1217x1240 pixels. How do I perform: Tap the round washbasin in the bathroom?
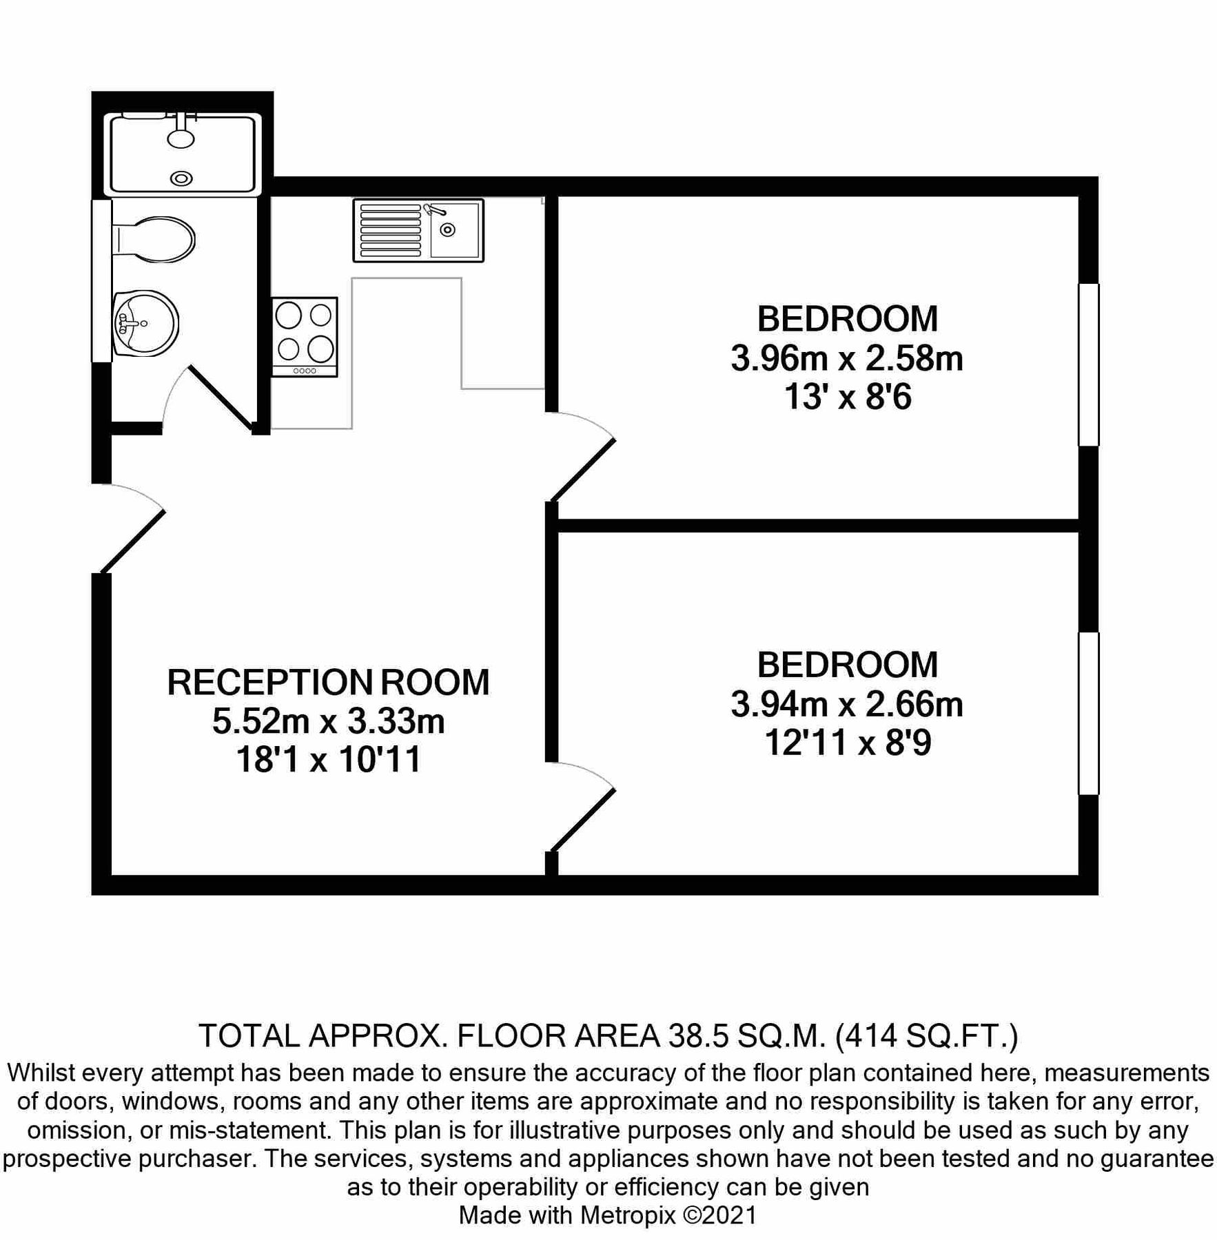pyautogui.click(x=145, y=323)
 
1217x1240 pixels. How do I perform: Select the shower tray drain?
pyautogui.click(x=181, y=178)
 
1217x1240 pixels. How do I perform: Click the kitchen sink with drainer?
pyautogui.click(x=418, y=230)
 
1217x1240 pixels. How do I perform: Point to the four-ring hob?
pyautogui.click(x=305, y=337)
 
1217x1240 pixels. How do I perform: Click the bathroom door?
pyautogui.click(x=219, y=398)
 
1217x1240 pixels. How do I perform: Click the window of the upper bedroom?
pyautogui.click(x=1088, y=364)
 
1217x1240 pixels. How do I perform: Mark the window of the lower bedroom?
pyautogui.click(x=1088, y=714)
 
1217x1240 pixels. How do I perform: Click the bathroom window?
pyautogui.click(x=101, y=280)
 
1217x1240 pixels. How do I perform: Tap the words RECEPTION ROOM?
pyautogui.click(x=328, y=682)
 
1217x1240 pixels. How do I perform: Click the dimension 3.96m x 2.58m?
pyautogui.click(x=847, y=359)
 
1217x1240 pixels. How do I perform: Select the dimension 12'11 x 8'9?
pyautogui.click(x=848, y=743)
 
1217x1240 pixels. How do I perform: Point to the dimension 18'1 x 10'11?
pyautogui.click(x=328, y=761)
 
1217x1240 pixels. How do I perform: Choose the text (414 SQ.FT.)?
pyautogui.click(x=926, y=1035)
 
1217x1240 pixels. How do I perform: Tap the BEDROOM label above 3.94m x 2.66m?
pyautogui.click(x=848, y=665)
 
